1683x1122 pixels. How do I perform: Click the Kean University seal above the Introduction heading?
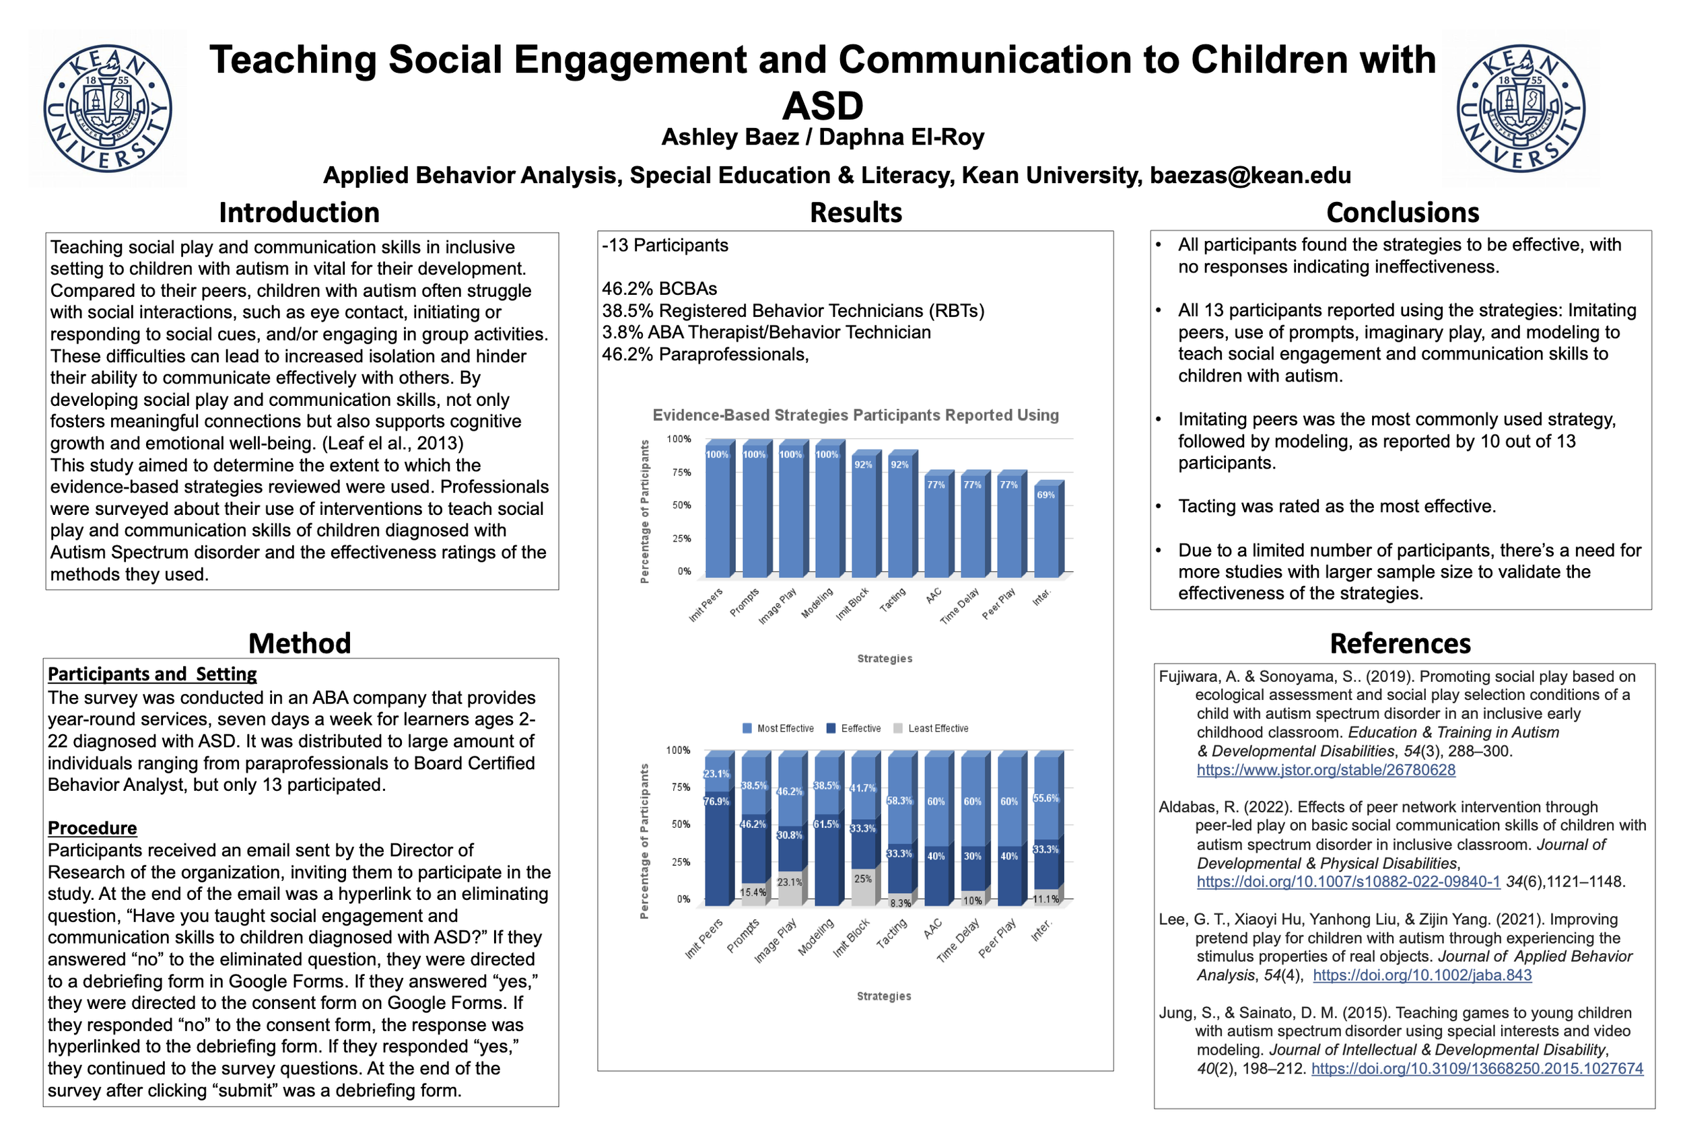(107, 109)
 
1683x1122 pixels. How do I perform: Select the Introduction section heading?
(299, 213)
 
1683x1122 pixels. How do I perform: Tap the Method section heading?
(299, 643)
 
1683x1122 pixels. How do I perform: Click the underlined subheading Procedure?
(92, 828)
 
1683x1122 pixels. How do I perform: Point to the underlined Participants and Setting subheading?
(151, 674)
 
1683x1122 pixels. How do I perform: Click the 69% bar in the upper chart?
(1045, 533)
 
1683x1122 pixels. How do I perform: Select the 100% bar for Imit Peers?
(717, 512)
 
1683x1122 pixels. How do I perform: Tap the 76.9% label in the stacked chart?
(716, 802)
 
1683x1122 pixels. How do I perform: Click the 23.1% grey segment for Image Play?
(790, 886)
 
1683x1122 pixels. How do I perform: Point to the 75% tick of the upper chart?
(681, 472)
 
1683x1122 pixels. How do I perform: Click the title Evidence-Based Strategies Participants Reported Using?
(855, 415)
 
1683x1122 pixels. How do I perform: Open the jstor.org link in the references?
(1326, 770)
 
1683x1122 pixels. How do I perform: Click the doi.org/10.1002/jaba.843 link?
(1422, 975)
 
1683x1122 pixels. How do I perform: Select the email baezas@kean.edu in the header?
(1250, 175)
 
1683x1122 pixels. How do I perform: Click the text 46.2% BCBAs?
(659, 288)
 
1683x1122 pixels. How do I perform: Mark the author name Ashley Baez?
(729, 137)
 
